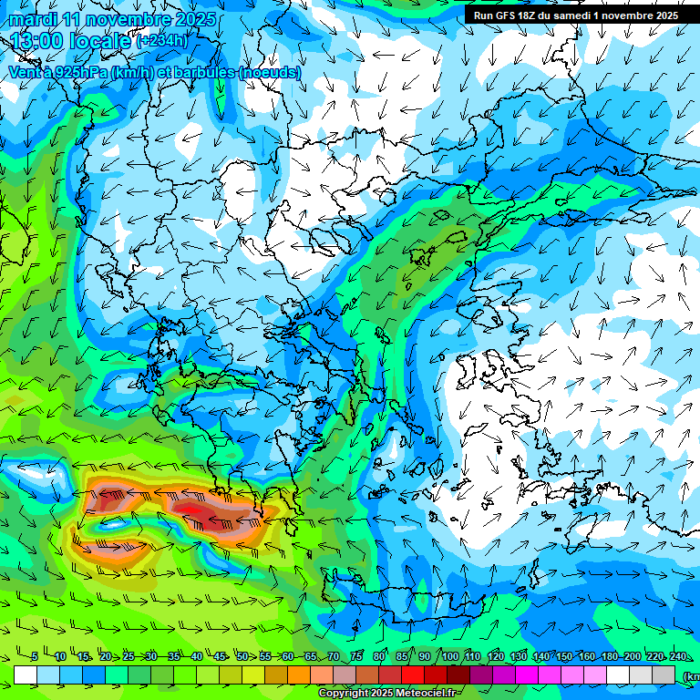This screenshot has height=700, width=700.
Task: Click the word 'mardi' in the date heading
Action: click(x=33, y=19)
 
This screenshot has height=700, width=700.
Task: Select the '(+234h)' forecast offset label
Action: click(x=162, y=41)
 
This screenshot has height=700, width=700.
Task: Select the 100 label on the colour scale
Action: click(x=449, y=656)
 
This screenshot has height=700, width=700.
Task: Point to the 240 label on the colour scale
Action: click(x=677, y=656)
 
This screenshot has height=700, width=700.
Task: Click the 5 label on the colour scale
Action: click(x=35, y=656)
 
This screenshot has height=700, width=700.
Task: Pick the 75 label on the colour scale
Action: click(x=356, y=656)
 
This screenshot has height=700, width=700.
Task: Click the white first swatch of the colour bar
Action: click(x=26, y=674)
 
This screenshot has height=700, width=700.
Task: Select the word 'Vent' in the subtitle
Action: click(x=25, y=71)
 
